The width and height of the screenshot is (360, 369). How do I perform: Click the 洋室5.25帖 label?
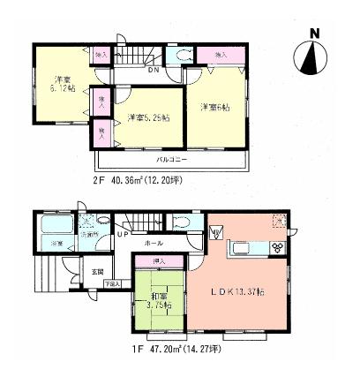(147, 118)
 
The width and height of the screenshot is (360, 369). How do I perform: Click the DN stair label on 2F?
(153, 70)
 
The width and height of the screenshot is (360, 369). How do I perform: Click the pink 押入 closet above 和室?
(159, 260)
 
